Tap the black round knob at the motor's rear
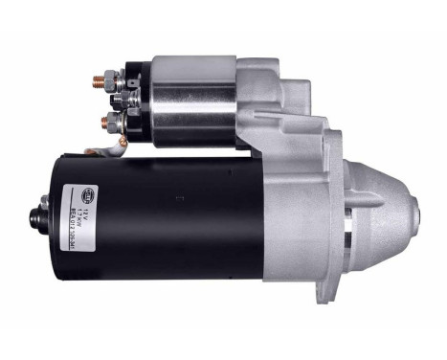coord(43,219)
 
